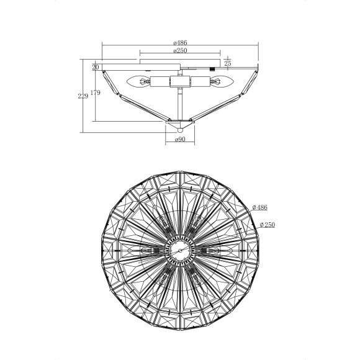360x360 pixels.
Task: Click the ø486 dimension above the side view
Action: click(x=180, y=43)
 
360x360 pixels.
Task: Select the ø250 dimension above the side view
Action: click(x=180, y=50)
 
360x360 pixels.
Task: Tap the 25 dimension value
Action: click(x=228, y=63)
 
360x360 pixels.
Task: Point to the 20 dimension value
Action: click(x=96, y=67)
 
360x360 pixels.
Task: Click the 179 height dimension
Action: click(x=96, y=92)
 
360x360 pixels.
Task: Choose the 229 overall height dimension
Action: click(x=83, y=96)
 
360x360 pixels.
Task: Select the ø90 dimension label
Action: click(x=180, y=140)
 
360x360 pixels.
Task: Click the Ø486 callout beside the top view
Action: click(x=260, y=207)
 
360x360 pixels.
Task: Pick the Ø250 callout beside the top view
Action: click(x=268, y=225)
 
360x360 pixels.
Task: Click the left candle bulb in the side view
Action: click(x=138, y=81)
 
